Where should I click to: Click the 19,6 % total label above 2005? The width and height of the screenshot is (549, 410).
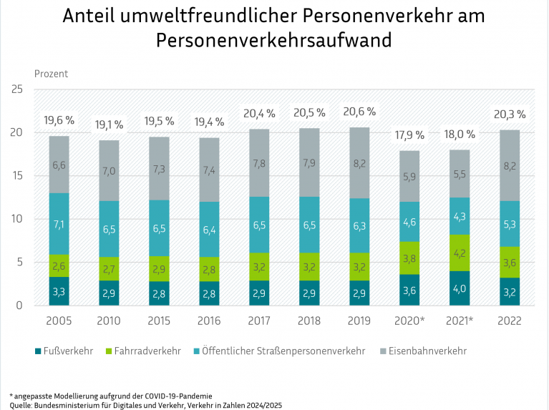(59, 119)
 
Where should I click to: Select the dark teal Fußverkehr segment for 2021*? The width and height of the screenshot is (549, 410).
(460, 288)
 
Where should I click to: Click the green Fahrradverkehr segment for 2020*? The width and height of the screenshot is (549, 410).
(410, 258)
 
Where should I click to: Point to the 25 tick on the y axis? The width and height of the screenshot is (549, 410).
(18, 89)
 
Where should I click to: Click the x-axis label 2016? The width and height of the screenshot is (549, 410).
(210, 321)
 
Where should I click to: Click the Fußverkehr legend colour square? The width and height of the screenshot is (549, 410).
(38, 351)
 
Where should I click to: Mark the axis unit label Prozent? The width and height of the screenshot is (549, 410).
(52, 74)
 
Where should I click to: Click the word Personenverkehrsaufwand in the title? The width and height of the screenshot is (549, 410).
(274, 39)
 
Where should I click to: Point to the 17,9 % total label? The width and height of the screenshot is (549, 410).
(410, 135)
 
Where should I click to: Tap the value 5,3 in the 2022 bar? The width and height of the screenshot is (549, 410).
(510, 224)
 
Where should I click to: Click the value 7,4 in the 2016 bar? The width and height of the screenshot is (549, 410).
(210, 170)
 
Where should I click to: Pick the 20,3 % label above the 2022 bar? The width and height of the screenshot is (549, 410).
(510, 114)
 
